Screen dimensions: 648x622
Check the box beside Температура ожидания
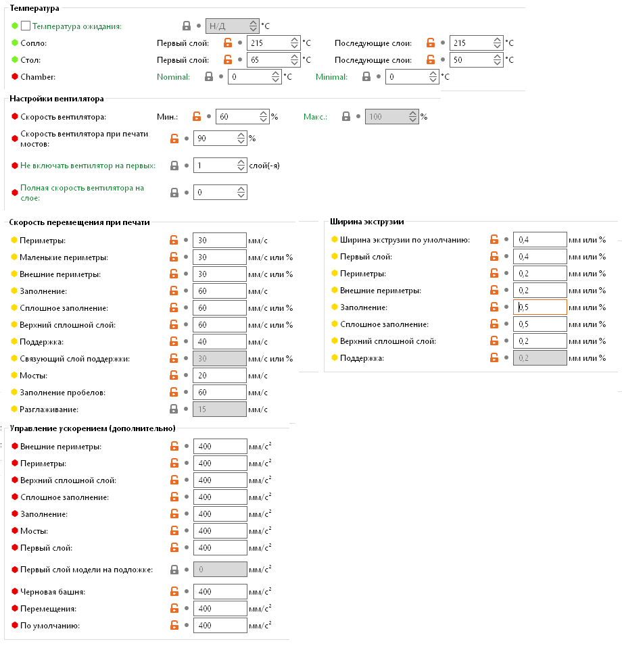coord(26,26)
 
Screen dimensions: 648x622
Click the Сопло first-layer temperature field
coord(267,43)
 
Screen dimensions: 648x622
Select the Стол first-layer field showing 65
coord(267,60)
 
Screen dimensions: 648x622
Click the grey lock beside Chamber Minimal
coord(366,77)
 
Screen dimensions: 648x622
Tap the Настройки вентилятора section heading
coord(56,99)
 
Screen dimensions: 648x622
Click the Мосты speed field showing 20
coord(219,376)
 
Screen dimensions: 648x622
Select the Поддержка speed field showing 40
coord(219,342)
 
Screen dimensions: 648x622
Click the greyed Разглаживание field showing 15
coord(219,409)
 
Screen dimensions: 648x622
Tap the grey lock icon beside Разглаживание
coord(174,409)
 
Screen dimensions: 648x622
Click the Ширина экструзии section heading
coord(366,221)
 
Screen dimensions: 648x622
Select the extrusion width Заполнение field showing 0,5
coord(540,307)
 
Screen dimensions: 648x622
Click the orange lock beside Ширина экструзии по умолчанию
coord(494,240)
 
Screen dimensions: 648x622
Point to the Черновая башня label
coord(53,592)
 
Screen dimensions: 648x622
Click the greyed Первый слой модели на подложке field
coord(219,570)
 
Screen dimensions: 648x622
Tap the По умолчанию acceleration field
coord(219,626)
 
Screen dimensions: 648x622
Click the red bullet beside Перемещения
coord(15,609)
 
